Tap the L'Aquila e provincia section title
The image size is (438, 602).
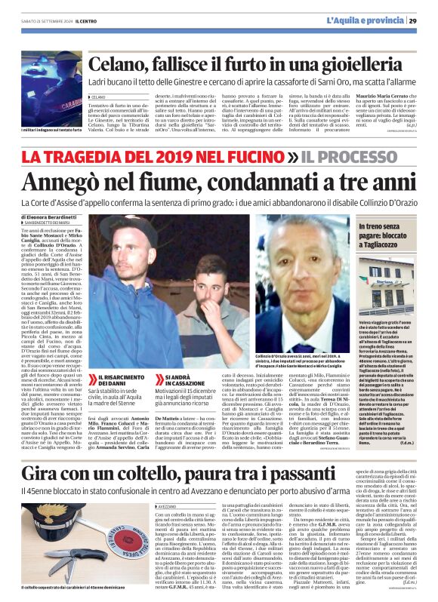(x=366, y=20)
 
